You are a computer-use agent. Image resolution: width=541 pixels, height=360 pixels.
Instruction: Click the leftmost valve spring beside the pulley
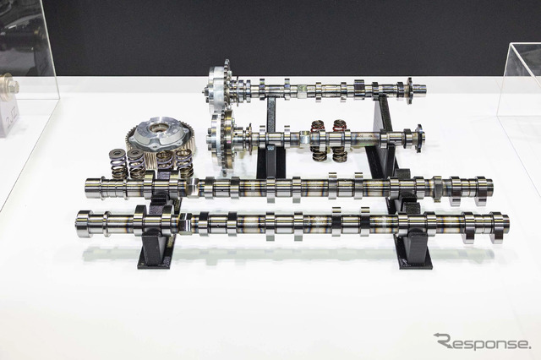[117, 163]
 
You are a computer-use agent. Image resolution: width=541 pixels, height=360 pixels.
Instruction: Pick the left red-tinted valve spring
[318, 140]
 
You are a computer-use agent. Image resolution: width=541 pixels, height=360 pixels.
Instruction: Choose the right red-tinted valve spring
[340, 140]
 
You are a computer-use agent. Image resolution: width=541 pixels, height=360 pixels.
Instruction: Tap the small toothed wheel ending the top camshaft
[410, 90]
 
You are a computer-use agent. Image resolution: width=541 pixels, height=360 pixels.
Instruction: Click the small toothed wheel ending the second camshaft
[419, 139]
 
